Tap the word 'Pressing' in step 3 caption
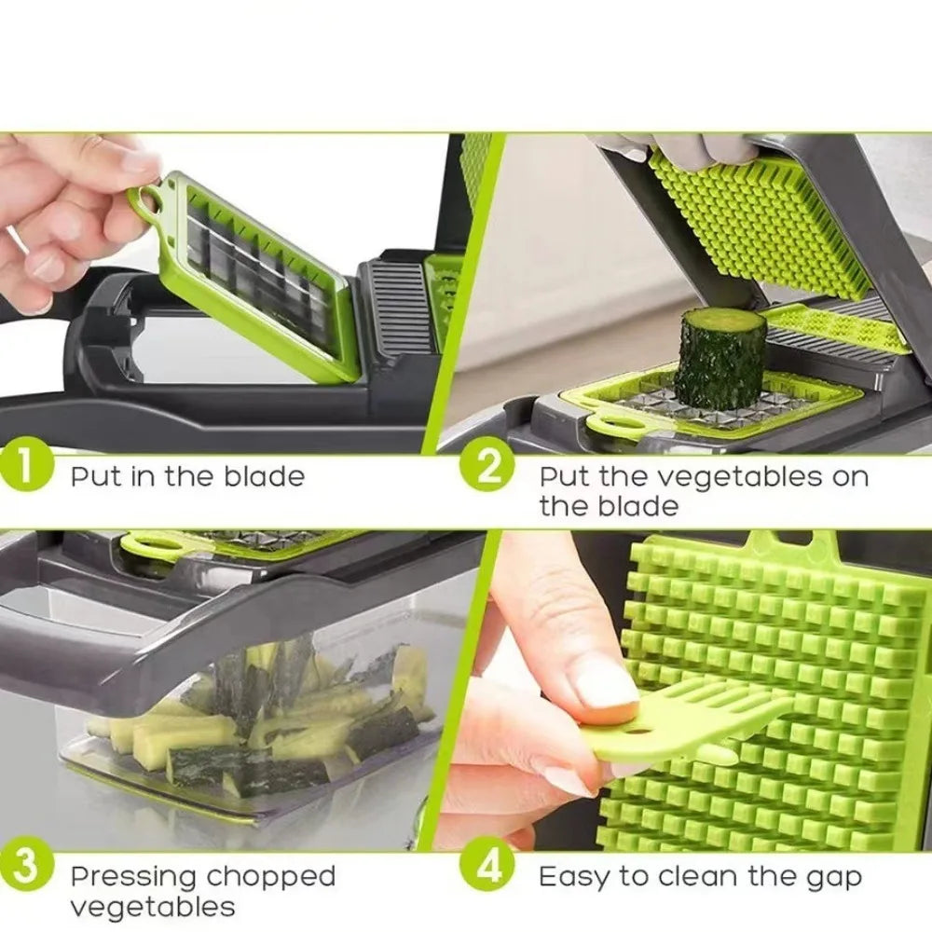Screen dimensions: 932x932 point(133,876)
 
